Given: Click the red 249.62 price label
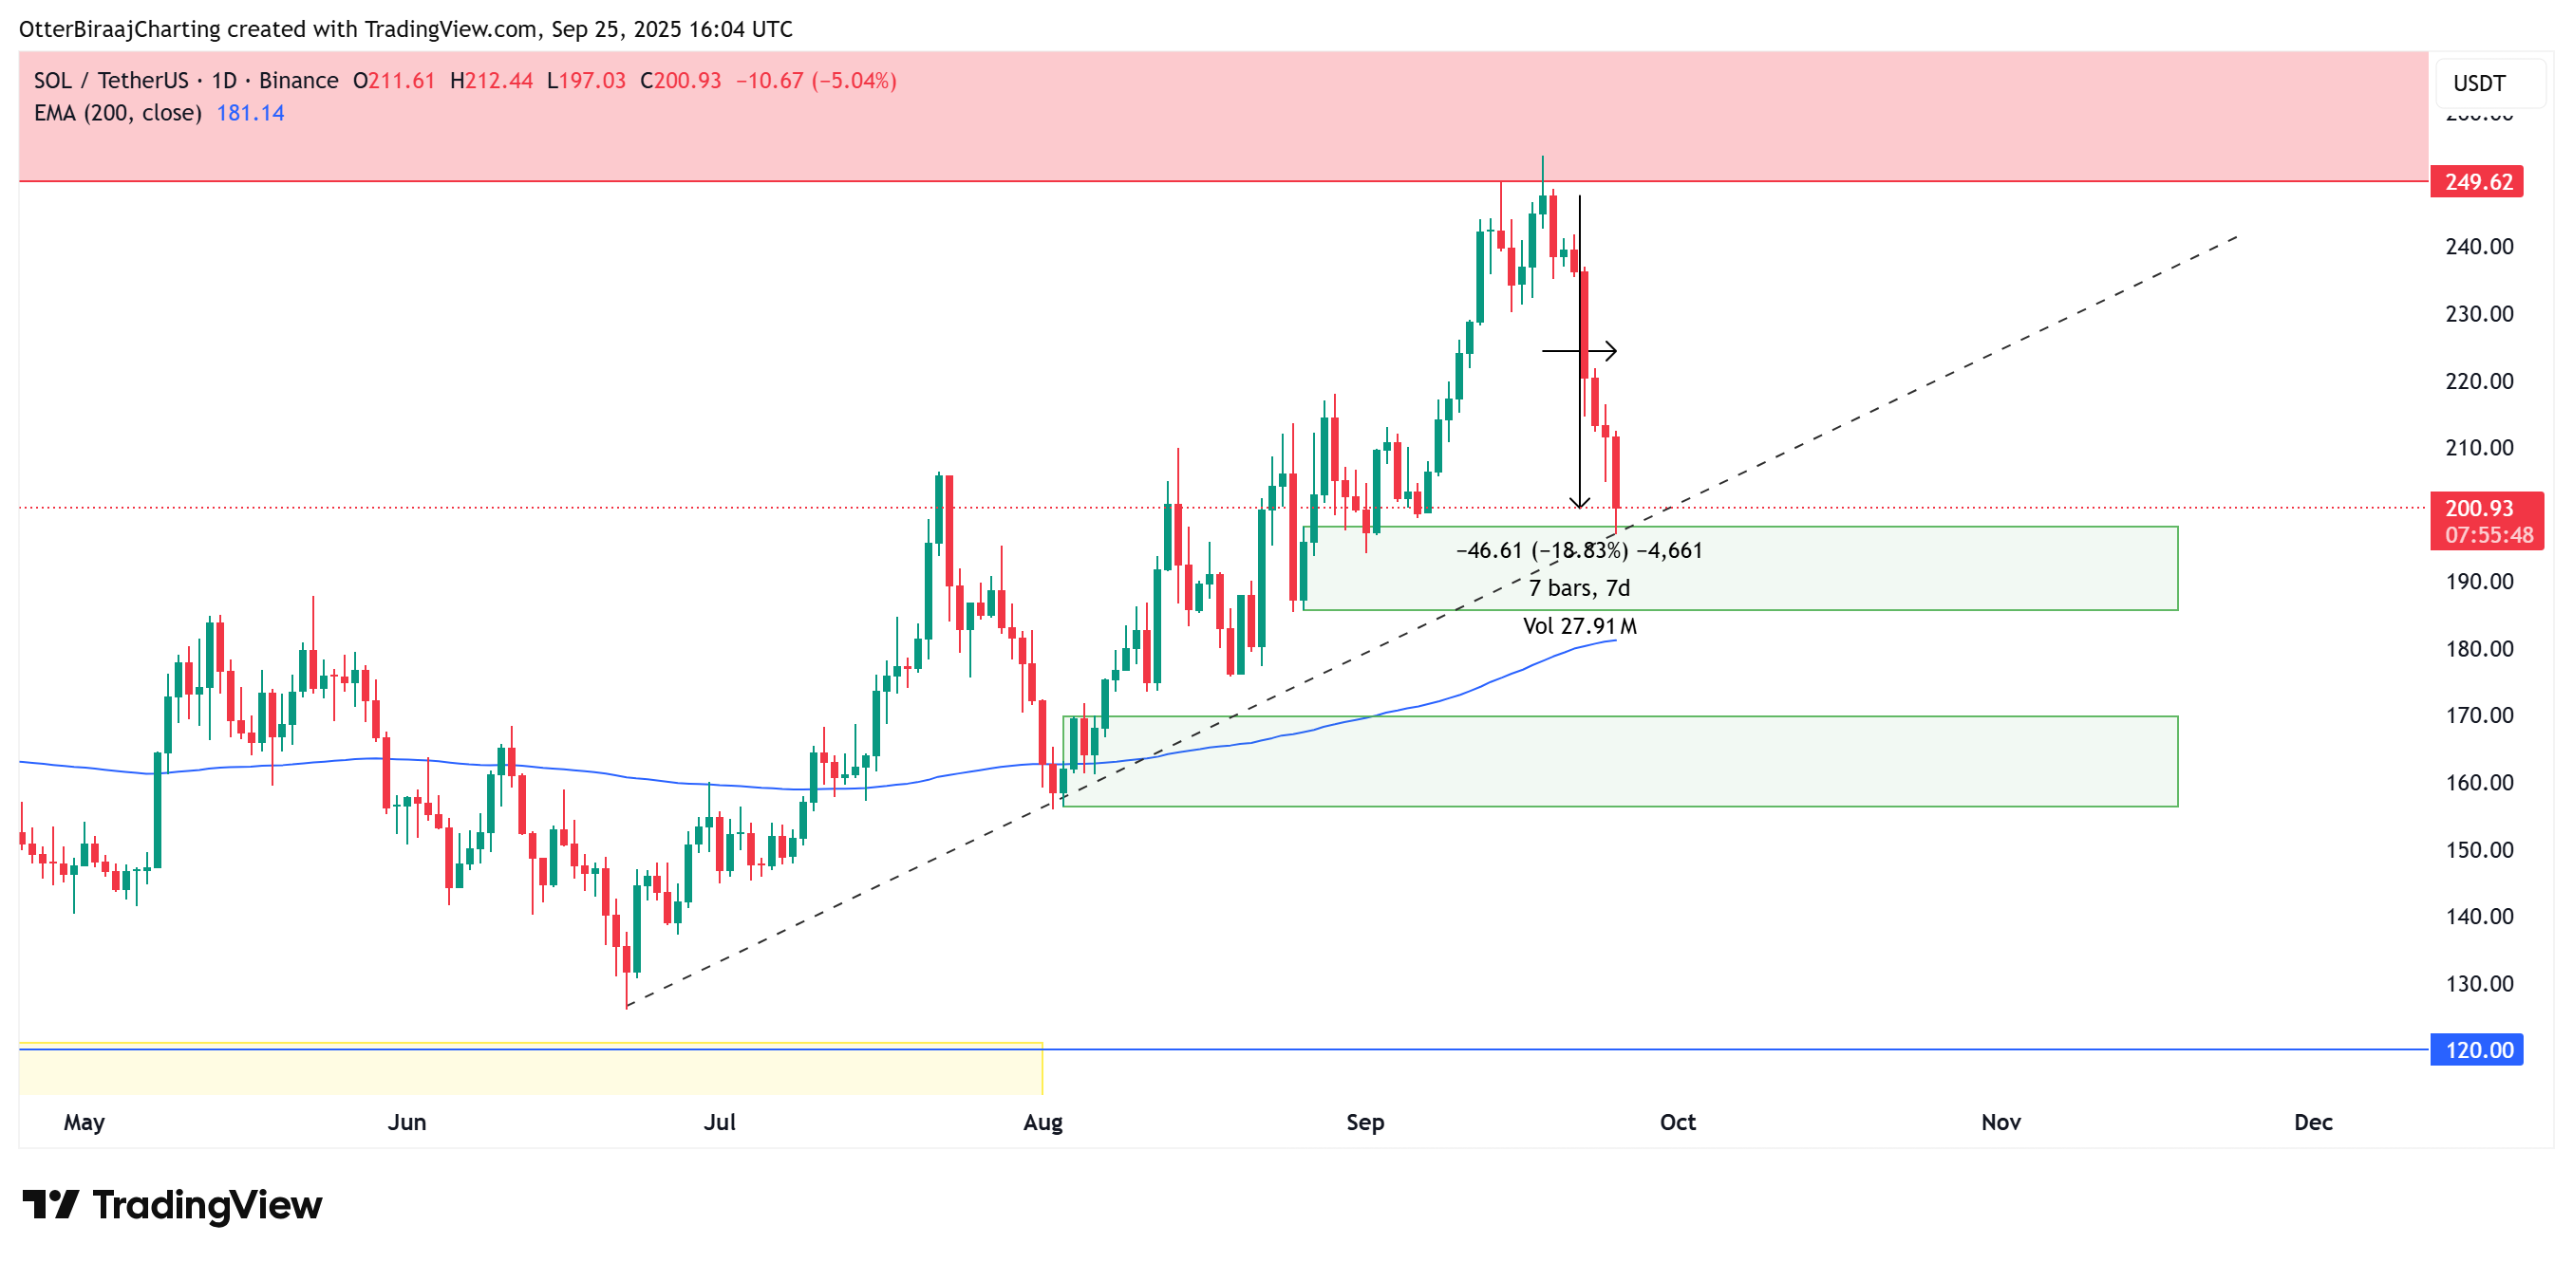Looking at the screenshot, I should pos(2477,182).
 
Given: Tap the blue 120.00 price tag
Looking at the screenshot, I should pos(2477,1049).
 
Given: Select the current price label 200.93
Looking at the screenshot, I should pos(2478,509).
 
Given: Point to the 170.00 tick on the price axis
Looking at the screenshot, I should pos(2478,715).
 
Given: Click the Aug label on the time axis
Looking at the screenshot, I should pos(1042,1123).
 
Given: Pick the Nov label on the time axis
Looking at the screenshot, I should pos(2000,1123).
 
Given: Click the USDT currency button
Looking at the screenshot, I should pos(2479,83).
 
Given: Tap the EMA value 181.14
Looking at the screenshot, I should pos(250,113).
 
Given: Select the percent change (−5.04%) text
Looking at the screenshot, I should pos(853,81).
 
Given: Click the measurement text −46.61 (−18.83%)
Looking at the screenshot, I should pos(1541,550).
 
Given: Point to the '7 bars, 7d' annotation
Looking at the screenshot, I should pos(1578,588).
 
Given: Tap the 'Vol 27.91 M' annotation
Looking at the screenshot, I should pos(1578,626).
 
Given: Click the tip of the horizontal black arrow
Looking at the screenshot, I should pos(1615,350).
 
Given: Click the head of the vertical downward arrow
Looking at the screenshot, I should pos(1579,505).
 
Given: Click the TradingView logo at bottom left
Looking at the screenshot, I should pos(172,1205).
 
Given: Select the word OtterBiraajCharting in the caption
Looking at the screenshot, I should pos(120,29).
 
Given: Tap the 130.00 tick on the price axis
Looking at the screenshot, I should pos(2478,983).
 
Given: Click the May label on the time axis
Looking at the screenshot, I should pos(84,1123).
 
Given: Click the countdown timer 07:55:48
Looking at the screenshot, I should pos(2488,535).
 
